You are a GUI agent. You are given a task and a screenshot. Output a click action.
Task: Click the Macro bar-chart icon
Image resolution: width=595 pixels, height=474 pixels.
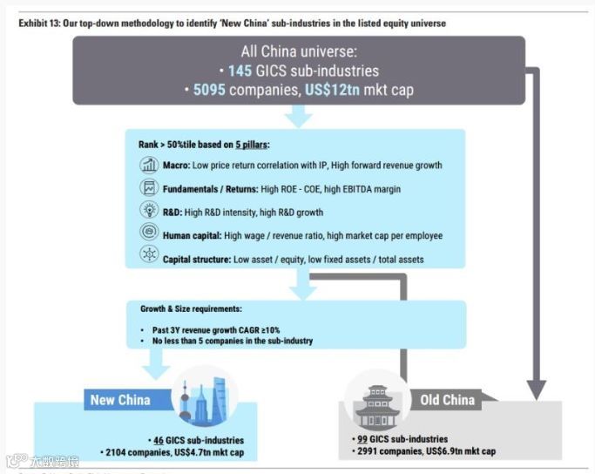(x=147, y=166)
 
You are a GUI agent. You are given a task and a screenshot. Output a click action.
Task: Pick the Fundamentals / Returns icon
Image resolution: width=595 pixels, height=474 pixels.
(x=147, y=188)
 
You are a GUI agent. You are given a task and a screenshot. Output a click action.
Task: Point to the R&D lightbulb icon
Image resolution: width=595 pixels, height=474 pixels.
(x=147, y=211)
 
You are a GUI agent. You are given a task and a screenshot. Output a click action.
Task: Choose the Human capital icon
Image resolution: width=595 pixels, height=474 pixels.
(x=147, y=234)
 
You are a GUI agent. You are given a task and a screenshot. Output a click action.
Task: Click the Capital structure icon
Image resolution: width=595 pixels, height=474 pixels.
(x=147, y=257)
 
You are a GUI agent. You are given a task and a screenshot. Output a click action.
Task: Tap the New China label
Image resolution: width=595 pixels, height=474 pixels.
(x=120, y=400)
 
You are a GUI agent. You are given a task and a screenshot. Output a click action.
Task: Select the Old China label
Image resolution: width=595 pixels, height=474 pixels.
(x=448, y=400)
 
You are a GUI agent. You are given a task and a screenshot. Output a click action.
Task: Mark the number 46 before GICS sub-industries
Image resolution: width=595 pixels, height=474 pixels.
(x=159, y=440)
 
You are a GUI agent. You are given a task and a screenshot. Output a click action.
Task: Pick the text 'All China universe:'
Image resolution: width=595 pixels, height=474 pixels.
(x=299, y=51)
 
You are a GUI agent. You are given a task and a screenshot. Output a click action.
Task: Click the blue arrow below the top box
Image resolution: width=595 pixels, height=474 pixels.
(x=299, y=115)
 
